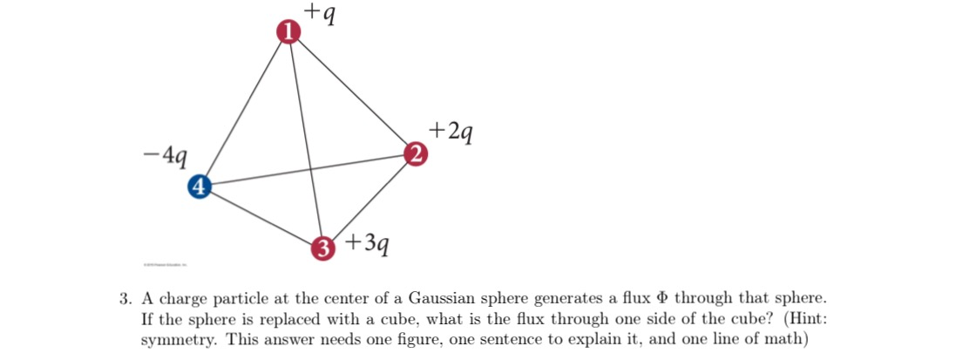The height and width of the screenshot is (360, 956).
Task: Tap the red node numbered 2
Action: click(x=417, y=155)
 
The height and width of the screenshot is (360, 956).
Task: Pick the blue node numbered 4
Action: click(x=200, y=186)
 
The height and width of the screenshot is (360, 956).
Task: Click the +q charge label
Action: click(x=322, y=12)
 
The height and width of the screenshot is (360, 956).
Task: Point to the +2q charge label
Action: click(x=451, y=132)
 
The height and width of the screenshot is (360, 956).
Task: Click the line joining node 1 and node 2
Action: click(x=352, y=93)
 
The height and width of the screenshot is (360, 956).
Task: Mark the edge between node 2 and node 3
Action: click(x=370, y=201)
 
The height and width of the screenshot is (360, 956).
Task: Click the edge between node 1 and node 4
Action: click(x=244, y=108)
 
